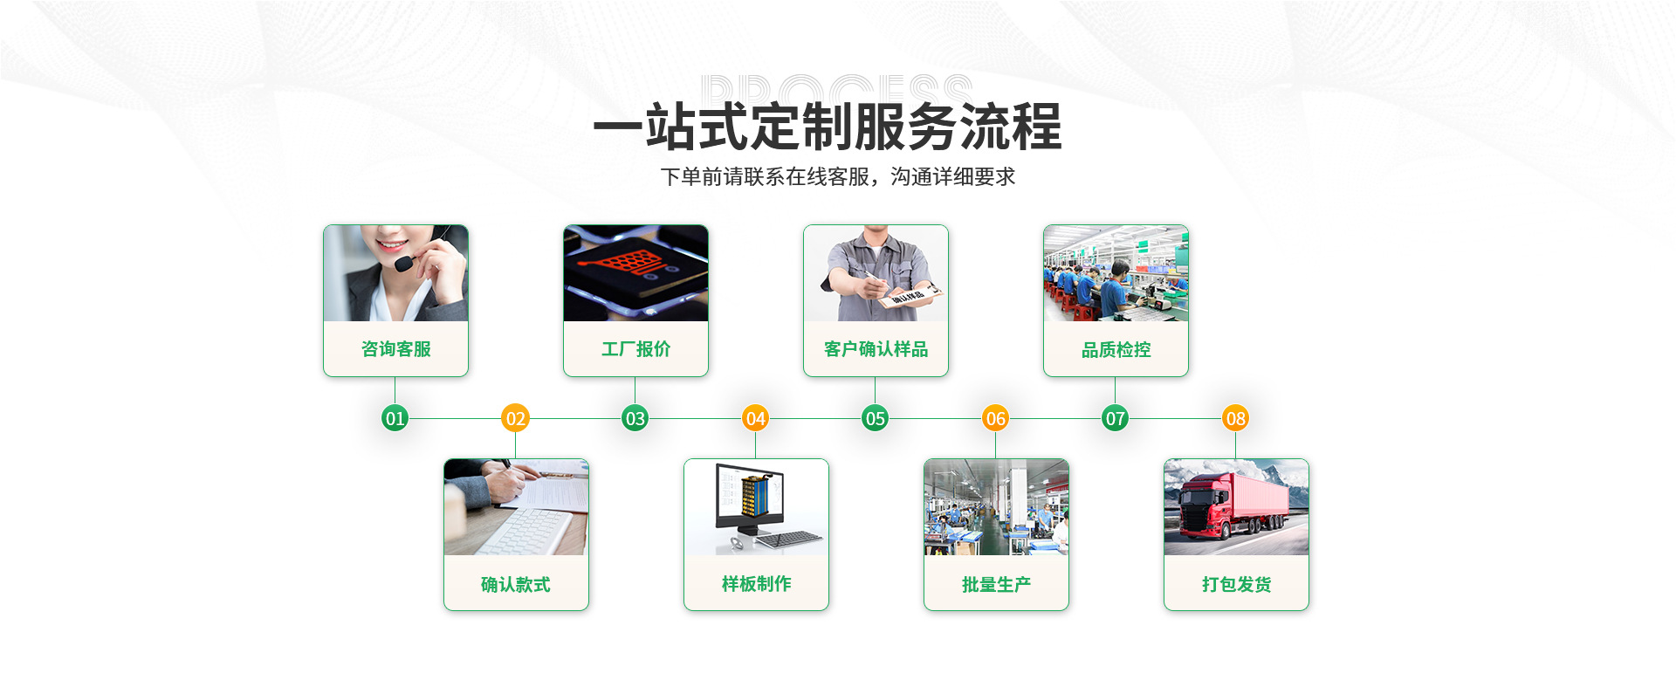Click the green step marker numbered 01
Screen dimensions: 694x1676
pyautogui.click(x=395, y=418)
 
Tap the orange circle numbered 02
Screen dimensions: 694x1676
pyautogui.click(x=515, y=418)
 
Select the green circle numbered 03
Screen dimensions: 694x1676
pyautogui.click(x=635, y=418)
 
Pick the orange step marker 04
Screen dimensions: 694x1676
pyautogui.click(x=755, y=418)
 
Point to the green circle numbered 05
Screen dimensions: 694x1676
pyautogui.click(x=875, y=418)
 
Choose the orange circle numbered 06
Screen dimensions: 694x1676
pyautogui.click(x=995, y=418)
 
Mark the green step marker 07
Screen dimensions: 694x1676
pyautogui.click(x=1115, y=418)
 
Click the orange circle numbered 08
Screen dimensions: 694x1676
pyautogui.click(x=1235, y=418)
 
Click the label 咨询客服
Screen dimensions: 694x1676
pyautogui.click(x=396, y=349)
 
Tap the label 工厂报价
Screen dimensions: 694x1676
pyautogui.click(x=635, y=349)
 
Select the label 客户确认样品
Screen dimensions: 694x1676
pyautogui.click(x=876, y=349)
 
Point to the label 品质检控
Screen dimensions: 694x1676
pyautogui.click(x=1116, y=350)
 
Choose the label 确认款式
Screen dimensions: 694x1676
pyautogui.click(x=516, y=584)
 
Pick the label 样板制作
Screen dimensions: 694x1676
pyautogui.click(x=756, y=584)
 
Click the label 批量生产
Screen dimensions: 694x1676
pyautogui.click(x=996, y=584)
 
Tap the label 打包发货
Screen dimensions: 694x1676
pyautogui.click(x=1236, y=584)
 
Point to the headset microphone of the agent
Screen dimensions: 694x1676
pyautogui.click(x=402, y=263)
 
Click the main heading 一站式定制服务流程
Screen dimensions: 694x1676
pyautogui.click(x=827, y=127)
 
